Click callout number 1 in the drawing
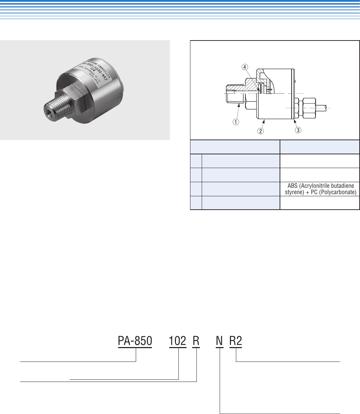click(236, 122)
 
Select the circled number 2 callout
click(260, 131)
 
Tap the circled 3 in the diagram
click(298, 130)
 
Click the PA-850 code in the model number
click(135, 341)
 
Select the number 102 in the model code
click(178, 341)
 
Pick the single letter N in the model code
click(220, 341)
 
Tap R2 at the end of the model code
click(236, 341)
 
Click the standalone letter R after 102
click(196, 341)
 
